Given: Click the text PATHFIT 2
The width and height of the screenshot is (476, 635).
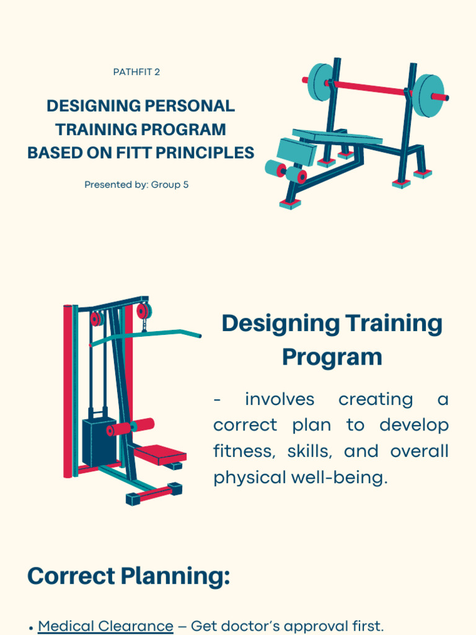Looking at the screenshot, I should [x=136, y=72].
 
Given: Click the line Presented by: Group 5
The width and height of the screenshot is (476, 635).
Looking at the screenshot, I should [x=136, y=185].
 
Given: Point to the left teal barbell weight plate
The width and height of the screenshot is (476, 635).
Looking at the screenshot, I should [x=320, y=82].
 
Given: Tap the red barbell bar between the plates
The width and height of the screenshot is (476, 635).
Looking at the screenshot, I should [x=372, y=88].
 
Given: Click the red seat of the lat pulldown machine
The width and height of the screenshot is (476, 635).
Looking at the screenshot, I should [x=160, y=455].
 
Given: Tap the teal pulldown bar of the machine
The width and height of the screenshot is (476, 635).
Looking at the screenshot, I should [x=149, y=335].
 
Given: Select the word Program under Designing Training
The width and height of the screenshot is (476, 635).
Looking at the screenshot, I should [x=332, y=357].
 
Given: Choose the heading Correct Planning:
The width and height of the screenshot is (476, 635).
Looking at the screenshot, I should [x=128, y=576].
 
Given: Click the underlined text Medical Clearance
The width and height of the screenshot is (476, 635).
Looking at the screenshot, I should [x=105, y=626].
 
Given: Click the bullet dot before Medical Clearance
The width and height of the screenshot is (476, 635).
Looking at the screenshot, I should [x=30, y=628].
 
